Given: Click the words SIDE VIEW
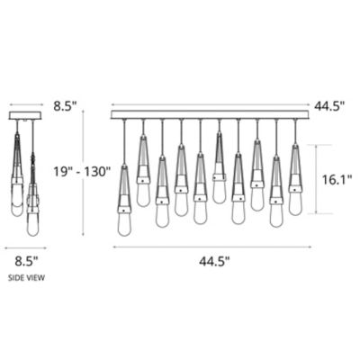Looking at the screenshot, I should (x=26, y=278).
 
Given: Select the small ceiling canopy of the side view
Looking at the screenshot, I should (x=27, y=115).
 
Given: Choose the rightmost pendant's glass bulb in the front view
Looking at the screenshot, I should (x=294, y=202).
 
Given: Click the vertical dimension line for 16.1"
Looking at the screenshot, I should (x=317, y=180).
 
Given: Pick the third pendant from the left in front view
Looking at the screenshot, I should (x=162, y=193).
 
